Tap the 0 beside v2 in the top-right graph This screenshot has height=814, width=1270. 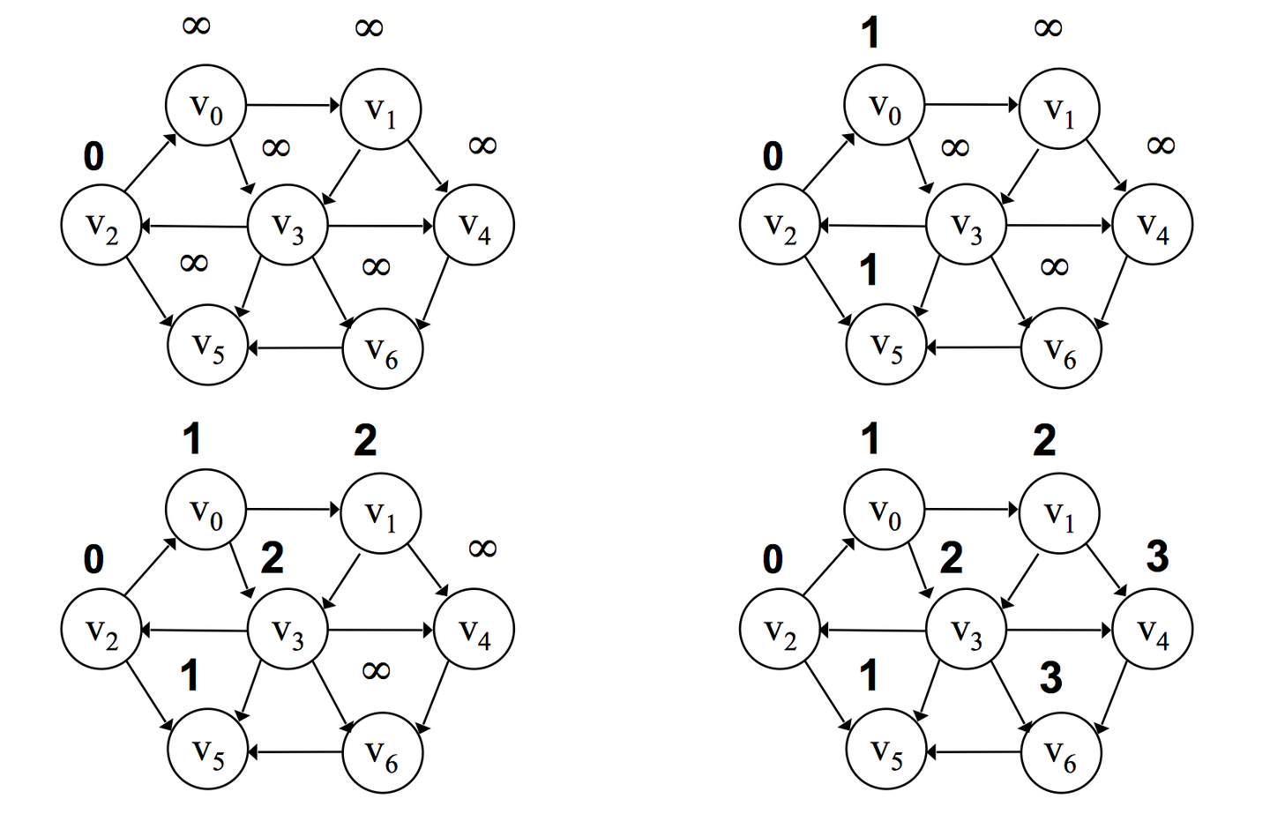click(x=773, y=156)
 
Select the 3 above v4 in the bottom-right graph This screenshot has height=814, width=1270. click(x=1157, y=556)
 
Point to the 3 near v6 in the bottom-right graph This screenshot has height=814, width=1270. click(x=1050, y=677)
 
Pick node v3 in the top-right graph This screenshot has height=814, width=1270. click(x=966, y=225)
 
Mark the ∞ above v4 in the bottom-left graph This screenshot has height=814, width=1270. click(x=482, y=549)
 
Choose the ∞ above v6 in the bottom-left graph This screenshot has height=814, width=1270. click(x=376, y=671)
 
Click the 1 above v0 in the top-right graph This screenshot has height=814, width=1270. click(x=870, y=34)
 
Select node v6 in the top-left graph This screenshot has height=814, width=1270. click(x=383, y=348)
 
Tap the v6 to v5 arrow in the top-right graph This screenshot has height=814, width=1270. click(x=974, y=347)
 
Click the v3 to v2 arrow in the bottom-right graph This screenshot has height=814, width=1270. click(x=873, y=631)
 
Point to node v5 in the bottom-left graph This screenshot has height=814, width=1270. click(x=208, y=752)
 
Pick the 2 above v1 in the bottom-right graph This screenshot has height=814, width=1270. click(x=1044, y=439)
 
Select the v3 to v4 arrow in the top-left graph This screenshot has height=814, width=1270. click(x=380, y=226)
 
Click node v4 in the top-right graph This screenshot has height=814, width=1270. click(x=1152, y=225)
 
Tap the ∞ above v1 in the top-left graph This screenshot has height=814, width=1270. click(x=369, y=28)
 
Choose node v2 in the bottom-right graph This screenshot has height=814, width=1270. click(x=780, y=631)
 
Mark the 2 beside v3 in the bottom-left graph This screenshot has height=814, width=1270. click(x=272, y=557)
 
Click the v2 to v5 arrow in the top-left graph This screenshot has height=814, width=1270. click(x=148, y=289)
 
